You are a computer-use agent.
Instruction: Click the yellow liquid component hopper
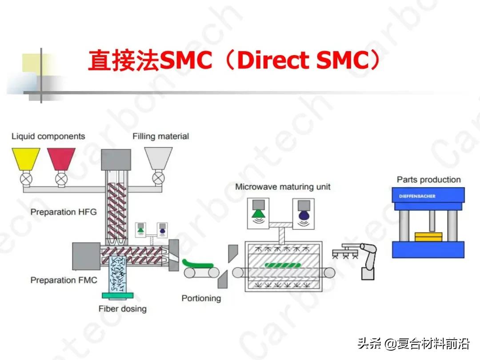coord(26,159)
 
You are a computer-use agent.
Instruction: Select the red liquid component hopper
coord(61,159)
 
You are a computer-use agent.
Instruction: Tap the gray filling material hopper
coord(158,158)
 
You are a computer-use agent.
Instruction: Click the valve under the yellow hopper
coord(26,179)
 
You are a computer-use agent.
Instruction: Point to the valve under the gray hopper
coord(158,178)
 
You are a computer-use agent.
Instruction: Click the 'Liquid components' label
coord(48,136)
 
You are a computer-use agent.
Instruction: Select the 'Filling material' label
coord(161,136)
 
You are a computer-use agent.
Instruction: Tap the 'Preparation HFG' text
coord(64,212)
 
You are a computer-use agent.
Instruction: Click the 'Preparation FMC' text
coord(64,280)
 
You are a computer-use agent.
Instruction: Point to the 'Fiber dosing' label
coord(123,309)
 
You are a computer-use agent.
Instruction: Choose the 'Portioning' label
coord(201,298)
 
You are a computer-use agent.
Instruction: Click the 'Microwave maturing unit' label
coord(283,187)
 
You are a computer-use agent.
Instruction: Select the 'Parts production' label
coord(429,180)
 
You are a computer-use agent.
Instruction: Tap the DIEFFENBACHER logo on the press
coord(417,196)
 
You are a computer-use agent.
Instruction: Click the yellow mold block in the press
coord(428,236)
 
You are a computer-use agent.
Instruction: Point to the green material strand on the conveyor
coord(198,264)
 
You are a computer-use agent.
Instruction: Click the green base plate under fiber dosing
coord(117,296)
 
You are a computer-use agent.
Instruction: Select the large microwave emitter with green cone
coord(258,213)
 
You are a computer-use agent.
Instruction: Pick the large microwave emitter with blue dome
coord(304,213)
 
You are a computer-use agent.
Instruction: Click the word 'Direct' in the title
coord(273,60)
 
